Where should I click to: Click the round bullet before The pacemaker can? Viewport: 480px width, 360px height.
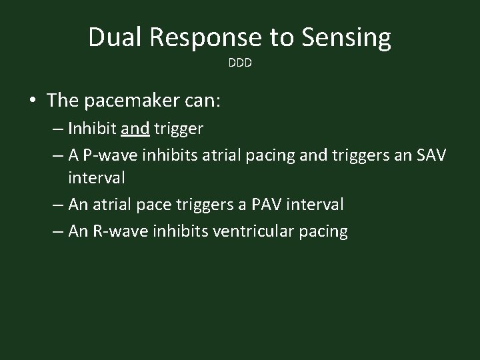[33, 101]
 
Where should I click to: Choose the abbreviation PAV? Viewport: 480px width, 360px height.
[270, 203]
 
